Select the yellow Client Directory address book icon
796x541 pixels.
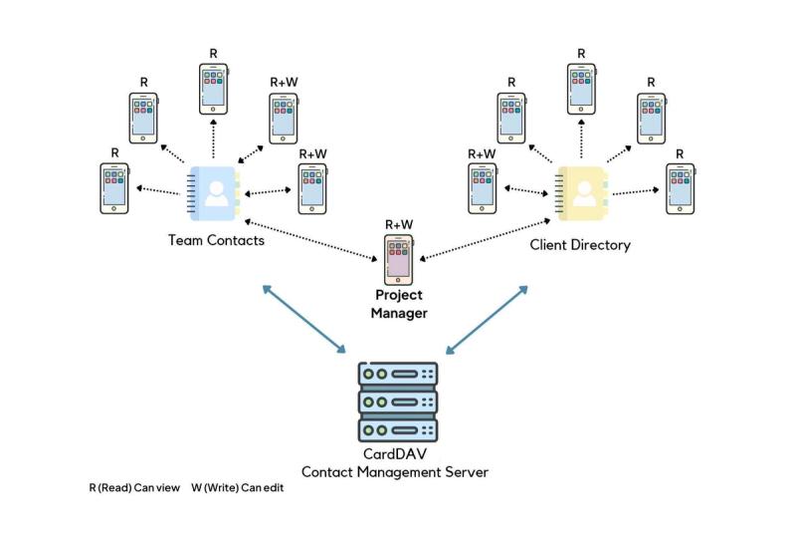click(583, 192)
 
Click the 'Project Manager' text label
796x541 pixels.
click(398, 305)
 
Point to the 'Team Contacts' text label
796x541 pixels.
click(216, 239)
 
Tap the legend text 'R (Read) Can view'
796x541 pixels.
click(134, 488)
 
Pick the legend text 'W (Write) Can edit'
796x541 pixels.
click(238, 488)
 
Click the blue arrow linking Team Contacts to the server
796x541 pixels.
click(303, 319)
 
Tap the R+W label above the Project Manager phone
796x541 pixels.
click(398, 224)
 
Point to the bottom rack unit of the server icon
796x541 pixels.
click(397, 430)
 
